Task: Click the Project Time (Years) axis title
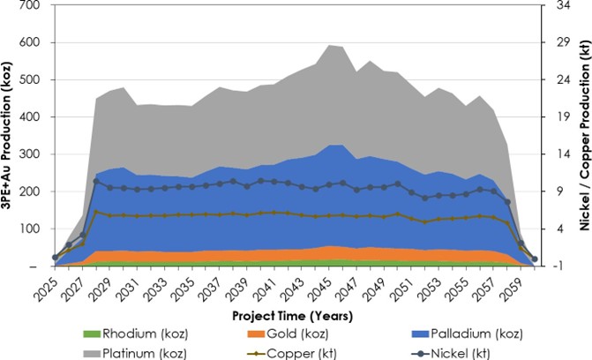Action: pyautogui.click(x=294, y=314)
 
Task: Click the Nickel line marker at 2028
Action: pyautogui.click(x=95, y=181)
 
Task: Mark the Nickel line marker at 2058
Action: pyautogui.click(x=507, y=202)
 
